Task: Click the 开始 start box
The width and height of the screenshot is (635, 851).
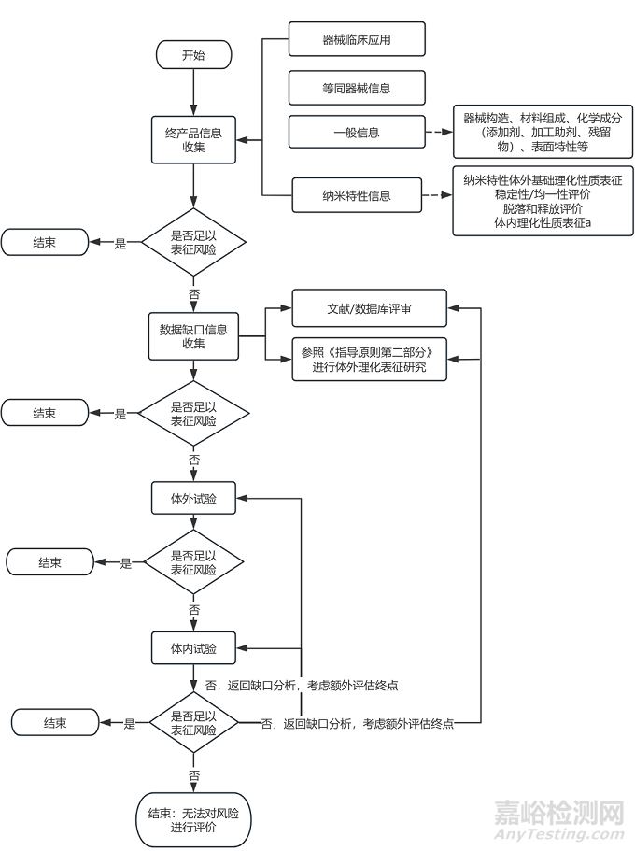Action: tap(193, 56)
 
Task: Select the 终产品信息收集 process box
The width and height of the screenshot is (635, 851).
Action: tap(193, 139)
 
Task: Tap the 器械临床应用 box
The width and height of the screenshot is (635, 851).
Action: tap(357, 40)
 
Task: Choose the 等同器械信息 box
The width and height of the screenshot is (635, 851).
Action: tap(357, 88)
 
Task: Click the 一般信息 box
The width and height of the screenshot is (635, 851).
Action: tap(357, 133)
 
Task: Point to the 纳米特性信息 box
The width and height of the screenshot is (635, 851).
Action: tap(357, 195)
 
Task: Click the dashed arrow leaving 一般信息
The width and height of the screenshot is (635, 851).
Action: tap(439, 133)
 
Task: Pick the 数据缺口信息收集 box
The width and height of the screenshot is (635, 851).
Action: tap(193, 336)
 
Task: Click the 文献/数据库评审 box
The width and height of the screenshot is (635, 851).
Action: tap(369, 307)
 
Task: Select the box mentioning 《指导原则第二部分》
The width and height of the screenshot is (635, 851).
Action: tap(369, 359)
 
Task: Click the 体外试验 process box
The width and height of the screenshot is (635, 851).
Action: tap(193, 499)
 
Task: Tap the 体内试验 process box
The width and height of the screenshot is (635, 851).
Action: tap(193, 647)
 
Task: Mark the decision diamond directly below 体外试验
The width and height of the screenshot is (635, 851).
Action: tap(193, 562)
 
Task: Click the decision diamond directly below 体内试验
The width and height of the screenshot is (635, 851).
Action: tap(193, 723)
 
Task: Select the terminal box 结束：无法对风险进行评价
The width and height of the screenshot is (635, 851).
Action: tap(193, 819)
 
